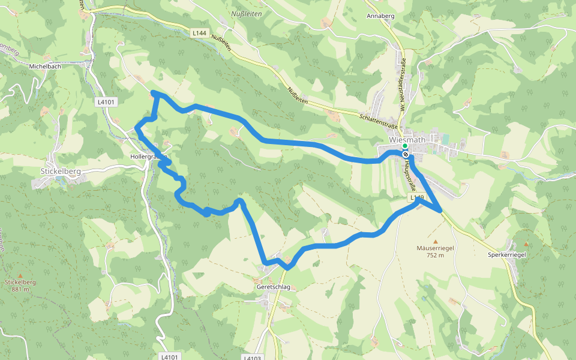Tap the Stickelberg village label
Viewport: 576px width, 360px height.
[x=56, y=171]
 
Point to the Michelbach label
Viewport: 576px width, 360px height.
[x=45, y=66]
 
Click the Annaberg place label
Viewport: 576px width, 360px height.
[x=379, y=16]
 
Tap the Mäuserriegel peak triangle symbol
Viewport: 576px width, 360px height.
[x=436, y=242]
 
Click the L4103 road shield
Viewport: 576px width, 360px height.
[x=253, y=357]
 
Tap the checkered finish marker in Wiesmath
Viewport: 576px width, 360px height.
[x=406, y=155]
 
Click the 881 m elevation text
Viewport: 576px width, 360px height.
[x=20, y=289]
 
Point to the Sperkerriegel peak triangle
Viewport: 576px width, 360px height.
[x=526, y=244]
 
